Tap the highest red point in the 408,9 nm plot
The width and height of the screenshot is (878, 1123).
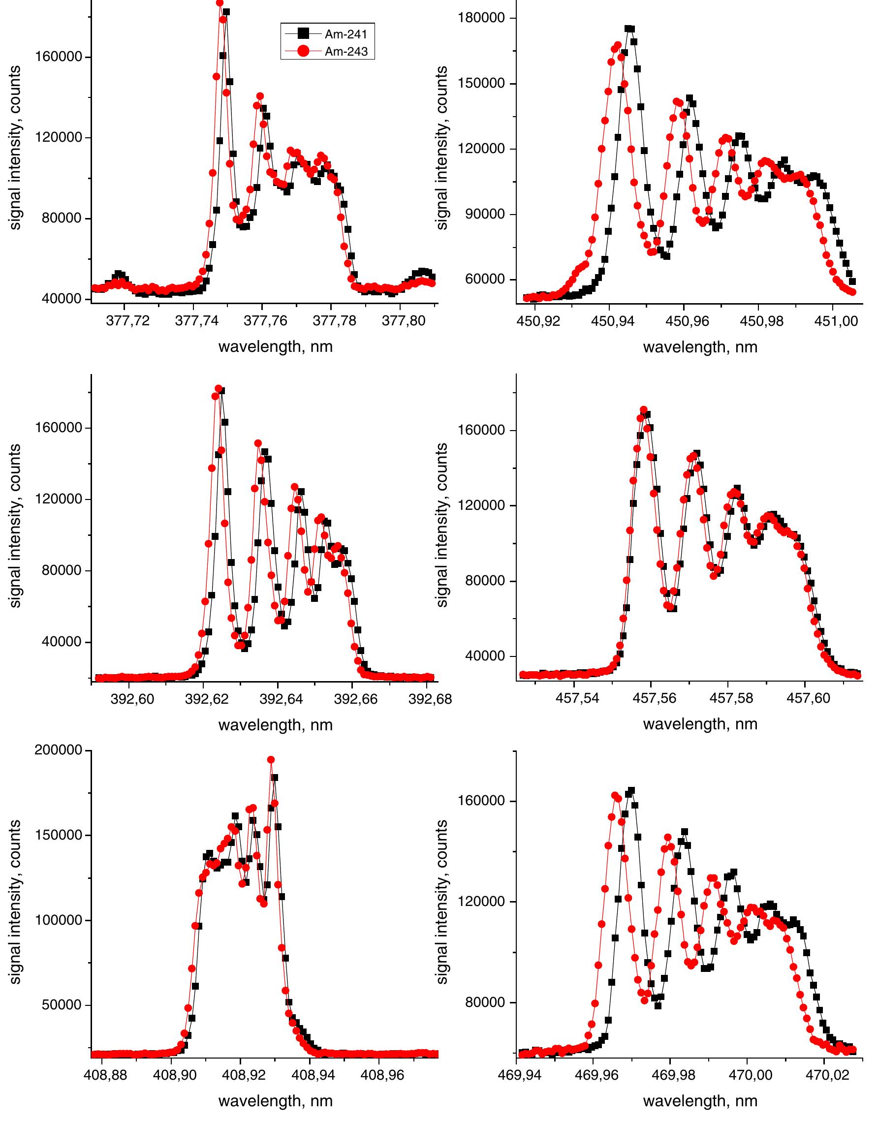point(271,759)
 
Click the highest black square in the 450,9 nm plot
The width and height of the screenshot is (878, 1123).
point(628,29)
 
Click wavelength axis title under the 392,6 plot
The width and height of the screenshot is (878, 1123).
point(276,725)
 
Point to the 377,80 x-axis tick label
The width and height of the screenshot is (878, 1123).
point(399,321)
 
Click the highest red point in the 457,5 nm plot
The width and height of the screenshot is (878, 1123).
point(643,410)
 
